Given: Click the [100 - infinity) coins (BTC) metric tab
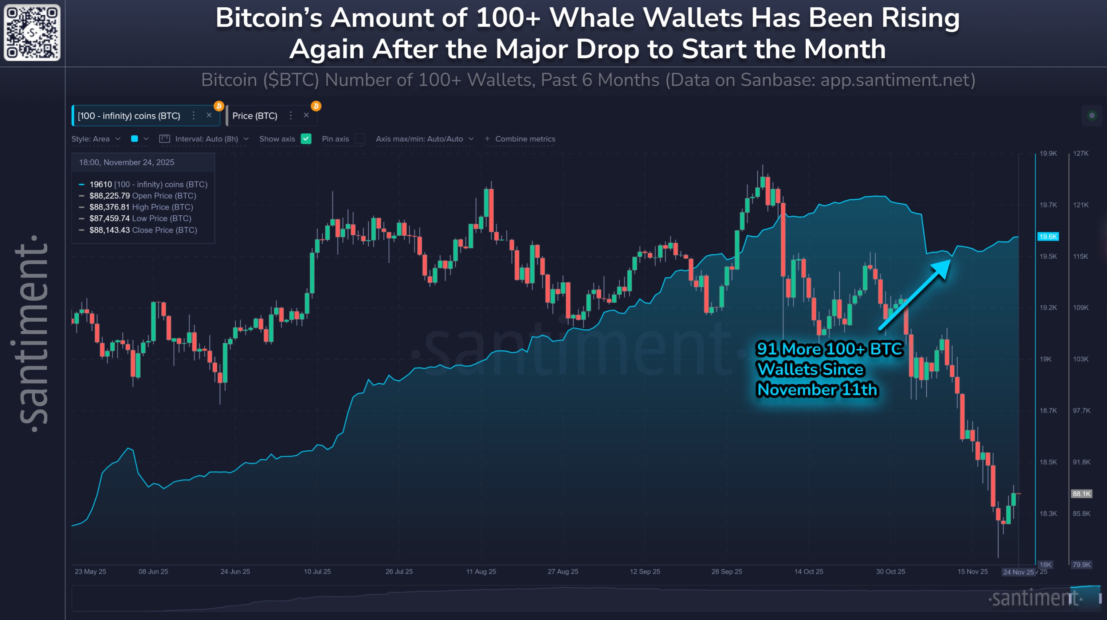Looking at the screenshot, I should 129,115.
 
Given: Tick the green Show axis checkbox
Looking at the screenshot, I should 306,139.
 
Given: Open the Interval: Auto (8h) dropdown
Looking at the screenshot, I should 206,139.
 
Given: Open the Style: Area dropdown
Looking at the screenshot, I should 95,139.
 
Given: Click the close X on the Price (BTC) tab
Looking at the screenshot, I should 306,115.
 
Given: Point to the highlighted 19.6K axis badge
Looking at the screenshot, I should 1048,236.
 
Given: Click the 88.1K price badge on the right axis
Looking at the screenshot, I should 1081,494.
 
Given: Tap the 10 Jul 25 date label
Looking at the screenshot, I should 317,572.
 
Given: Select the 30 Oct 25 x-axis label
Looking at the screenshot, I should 890,572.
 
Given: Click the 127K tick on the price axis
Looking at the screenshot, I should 1080,153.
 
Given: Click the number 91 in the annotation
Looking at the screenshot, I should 767,349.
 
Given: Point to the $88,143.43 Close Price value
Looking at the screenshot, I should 109,230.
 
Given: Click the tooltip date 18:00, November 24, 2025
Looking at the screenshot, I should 126,162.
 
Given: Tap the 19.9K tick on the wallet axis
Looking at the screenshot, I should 1048,153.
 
